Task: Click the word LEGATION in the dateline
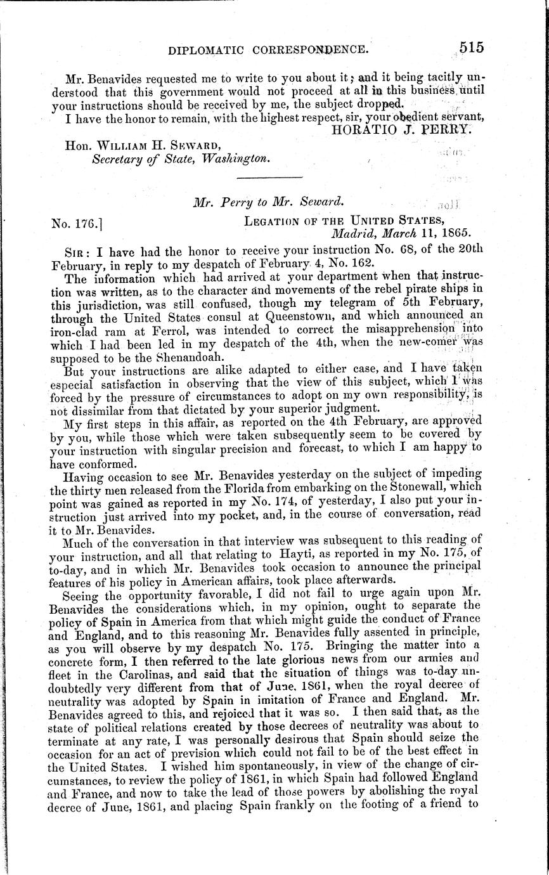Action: tap(272, 221)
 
